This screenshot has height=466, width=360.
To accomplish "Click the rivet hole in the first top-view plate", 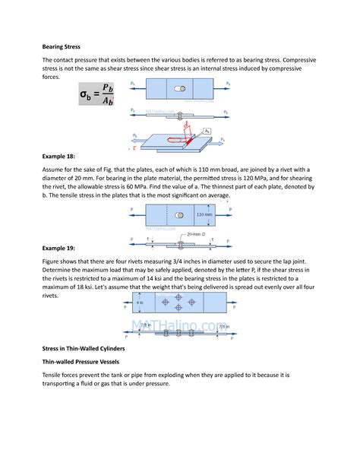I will click(179, 89).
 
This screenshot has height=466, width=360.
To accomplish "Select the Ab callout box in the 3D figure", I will click(207, 132).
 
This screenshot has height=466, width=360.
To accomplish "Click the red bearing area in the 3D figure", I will click(179, 140).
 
